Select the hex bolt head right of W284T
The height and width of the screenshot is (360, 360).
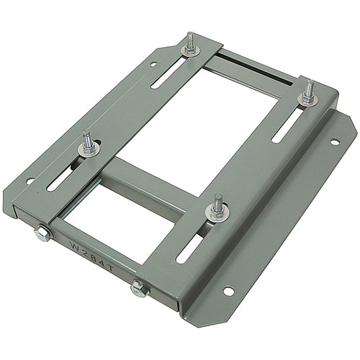point(139,289)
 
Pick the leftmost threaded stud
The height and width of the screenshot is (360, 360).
point(86,139)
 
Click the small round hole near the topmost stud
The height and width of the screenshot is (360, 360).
point(154,64)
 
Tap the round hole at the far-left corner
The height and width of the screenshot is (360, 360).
point(30,181)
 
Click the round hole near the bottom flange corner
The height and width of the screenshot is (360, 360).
point(228,291)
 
